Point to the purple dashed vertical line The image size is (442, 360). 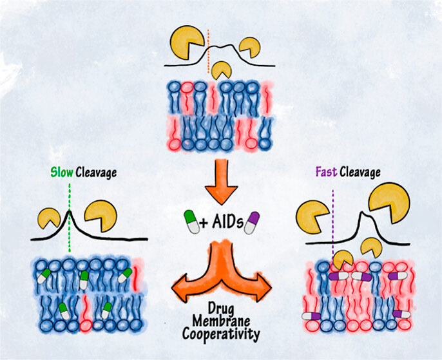click(333, 219)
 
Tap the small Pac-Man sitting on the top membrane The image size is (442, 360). click(222, 70)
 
